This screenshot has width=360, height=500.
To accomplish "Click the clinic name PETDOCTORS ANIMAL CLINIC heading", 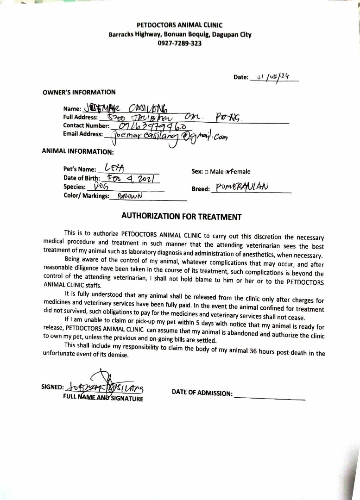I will tap(180, 25).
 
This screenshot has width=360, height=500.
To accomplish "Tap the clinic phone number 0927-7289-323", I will tap(180, 43).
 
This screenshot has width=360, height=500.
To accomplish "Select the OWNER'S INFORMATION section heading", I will tap(79, 92).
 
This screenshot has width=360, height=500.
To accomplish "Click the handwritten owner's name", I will tap(122, 108).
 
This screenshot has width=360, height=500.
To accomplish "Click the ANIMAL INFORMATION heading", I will tap(77, 151).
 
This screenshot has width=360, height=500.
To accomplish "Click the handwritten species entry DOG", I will tap(101, 187).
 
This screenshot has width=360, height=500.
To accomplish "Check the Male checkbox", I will tap(206, 172).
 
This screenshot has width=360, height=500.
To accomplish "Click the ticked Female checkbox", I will tap(228, 172).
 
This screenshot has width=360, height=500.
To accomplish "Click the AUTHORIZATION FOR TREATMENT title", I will tap(181, 216).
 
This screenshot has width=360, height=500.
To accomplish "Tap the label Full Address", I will tap(80, 118).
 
